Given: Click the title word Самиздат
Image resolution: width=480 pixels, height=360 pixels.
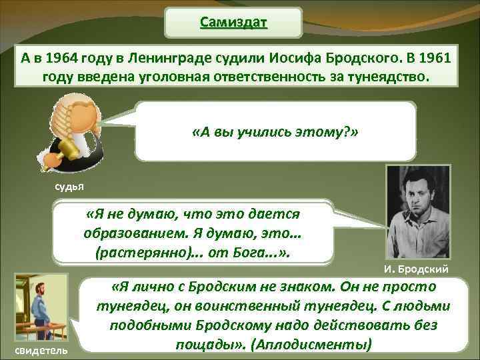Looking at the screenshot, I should coord(233,23).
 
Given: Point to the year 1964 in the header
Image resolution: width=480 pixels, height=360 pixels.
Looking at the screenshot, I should coord(69,57).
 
